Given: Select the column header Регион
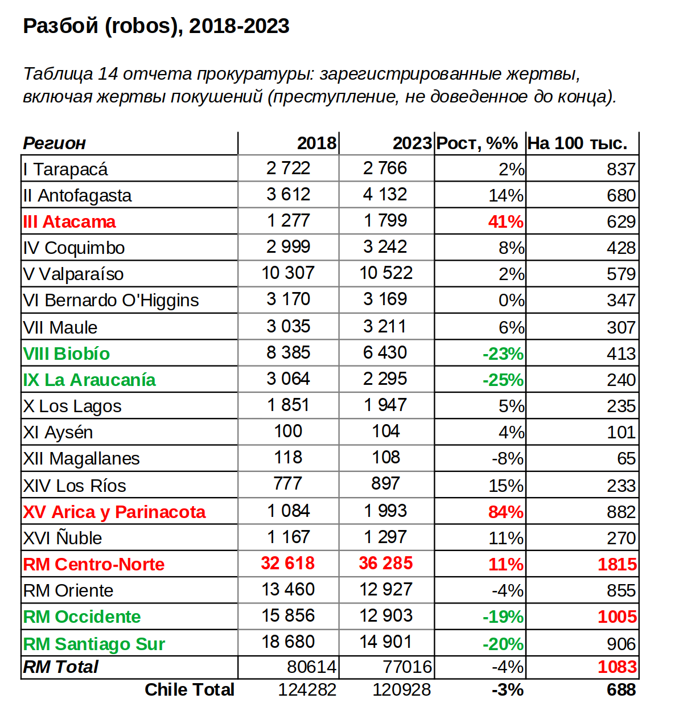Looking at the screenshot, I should (x=54, y=143).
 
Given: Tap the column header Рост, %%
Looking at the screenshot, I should (x=477, y=143).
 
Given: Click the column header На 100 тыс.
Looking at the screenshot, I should (x=577, y=143).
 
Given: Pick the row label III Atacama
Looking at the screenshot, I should (x=69, y=221).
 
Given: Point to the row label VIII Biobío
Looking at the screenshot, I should (x=67, y=354).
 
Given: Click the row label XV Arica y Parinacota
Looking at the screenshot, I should (x=114, y=512).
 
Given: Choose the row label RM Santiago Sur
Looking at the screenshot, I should (x=94, y=644).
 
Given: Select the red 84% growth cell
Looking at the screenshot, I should (x=505, y=512).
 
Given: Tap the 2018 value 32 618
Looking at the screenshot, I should (x=287, y=564).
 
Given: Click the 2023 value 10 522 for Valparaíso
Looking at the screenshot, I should (x=385, y=273).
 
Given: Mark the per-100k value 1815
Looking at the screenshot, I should (x=617, y=564).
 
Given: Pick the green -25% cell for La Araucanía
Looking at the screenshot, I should (x=503, y=380).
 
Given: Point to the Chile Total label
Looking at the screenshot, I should (x=189, y=690).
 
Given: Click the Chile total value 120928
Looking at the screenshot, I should (x=401, y=690).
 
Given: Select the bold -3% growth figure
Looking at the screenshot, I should (x=507, y=690).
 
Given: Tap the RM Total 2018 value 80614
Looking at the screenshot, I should (x=311, y=667).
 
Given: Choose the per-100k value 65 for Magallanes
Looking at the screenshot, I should (x=626, y=458).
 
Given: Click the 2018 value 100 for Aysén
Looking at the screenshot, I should (x=288, y=432).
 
